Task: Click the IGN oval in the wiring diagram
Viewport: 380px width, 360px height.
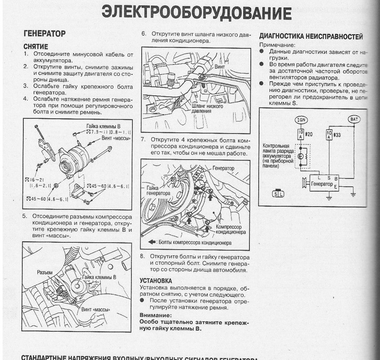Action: coord(300,120)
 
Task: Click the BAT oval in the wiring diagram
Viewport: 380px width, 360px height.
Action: coord(354,119)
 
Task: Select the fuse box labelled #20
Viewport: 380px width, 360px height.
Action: coord(300,134)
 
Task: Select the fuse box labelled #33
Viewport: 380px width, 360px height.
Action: coord(329,134)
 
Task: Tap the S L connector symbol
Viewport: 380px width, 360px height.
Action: coord(278,194)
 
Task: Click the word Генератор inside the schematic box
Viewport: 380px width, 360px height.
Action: coord(321,184)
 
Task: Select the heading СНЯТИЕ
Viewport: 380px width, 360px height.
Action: coord(35,46)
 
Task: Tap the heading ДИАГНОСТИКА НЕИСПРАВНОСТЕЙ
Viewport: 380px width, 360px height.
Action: coord(311,36)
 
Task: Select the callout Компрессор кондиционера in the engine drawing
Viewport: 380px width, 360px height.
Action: coord(231,230)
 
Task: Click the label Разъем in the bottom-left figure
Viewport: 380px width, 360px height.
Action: coord(45,273)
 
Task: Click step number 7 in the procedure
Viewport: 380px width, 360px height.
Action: coord(143,139)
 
